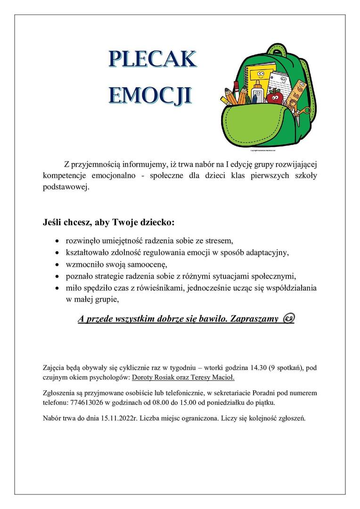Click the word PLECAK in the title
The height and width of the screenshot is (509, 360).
click(152, 59)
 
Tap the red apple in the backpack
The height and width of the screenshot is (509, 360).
click(275, 97)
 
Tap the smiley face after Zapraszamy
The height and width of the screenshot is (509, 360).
click(288, 319)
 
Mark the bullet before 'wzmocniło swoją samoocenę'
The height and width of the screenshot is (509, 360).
click(57, 263)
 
